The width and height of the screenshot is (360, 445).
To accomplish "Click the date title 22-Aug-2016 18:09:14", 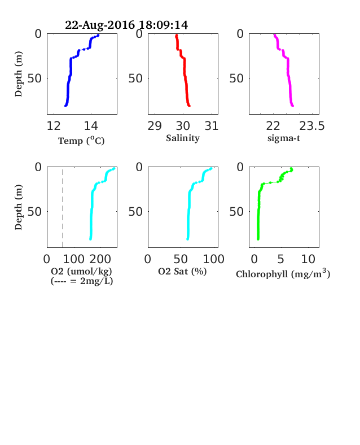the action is [x=126, y=25].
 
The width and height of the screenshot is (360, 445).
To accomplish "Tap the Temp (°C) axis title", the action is [x=81, y=141].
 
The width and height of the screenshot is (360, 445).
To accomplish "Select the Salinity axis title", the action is [x=183, y=138].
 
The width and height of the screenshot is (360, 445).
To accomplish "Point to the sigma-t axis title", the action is [x=284, y=138].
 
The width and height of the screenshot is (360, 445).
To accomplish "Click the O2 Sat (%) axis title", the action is [x=182, y=271].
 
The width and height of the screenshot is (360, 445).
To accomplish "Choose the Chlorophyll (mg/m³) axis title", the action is [x=283, y=273].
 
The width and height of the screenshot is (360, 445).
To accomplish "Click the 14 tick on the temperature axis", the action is [x=91, y=126].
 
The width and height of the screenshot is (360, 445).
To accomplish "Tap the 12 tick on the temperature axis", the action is [x=54, y=126].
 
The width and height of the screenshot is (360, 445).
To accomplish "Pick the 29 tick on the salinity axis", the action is [x=155, y=126].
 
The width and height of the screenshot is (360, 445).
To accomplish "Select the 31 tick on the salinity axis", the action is [x=212, y=126].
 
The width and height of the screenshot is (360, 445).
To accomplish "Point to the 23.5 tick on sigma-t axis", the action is [x=312, y=126].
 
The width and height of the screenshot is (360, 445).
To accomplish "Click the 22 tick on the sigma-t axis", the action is [x=273, y=126].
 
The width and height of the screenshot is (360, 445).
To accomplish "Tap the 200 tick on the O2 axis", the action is [x=100, y=259].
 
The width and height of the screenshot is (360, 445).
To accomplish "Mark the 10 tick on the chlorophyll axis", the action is [x=308, y=259].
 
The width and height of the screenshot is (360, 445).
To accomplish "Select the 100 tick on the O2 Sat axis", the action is [x=213, y=259].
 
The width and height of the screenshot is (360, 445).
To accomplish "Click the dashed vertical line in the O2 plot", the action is [x=63, y=208].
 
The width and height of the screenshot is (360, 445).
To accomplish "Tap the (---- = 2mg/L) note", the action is [x=82, y=281].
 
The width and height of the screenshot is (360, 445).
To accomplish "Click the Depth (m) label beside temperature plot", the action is [x=19, y=74].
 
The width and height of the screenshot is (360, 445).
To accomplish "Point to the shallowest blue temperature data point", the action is [x=98, y=36].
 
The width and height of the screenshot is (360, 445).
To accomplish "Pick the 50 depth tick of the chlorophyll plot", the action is [x=236, y=211].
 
